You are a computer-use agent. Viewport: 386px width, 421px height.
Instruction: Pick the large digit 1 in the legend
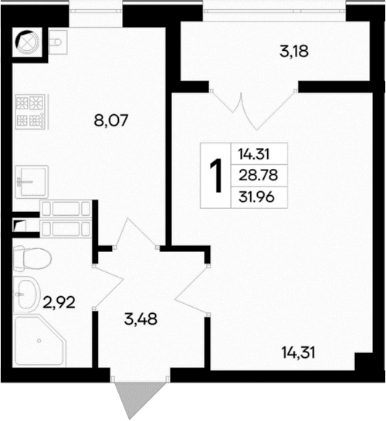(x=215, y=176)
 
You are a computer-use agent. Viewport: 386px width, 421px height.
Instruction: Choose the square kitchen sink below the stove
(x=32, y=180)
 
